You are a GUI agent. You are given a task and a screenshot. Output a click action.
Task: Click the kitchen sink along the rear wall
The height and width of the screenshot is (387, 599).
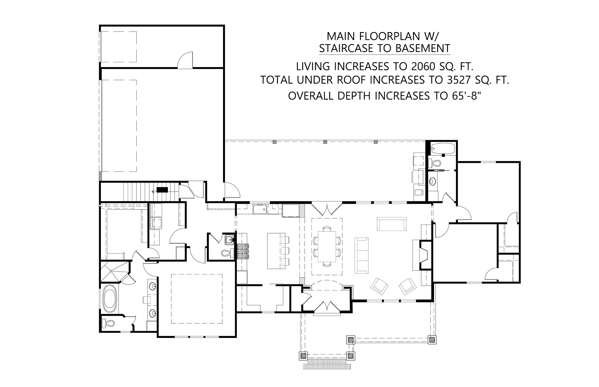click(x=260, y=209)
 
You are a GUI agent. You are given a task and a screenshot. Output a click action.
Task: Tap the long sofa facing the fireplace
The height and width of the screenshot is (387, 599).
click(x=361, y=255)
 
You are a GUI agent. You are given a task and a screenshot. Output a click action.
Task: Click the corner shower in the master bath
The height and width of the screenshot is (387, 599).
click(x=113, y=271)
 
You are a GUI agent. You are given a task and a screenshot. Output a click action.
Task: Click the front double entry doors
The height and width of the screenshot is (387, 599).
click(x=326, y=307)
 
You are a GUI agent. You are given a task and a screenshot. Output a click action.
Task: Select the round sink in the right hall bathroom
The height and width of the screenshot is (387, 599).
click(x=432, y=181)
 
